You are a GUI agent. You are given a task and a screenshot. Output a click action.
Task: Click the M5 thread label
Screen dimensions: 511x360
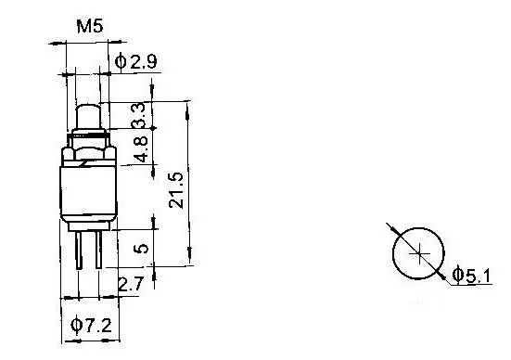(90, 26)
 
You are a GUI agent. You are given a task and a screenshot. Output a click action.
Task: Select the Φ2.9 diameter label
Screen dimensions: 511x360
(136, 61)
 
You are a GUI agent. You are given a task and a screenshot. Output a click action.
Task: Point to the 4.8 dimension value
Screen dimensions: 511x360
(141, 149)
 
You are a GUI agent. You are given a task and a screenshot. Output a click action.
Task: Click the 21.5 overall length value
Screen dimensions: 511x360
(176, 191)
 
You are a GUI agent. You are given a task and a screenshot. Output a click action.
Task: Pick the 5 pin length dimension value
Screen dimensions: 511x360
(141, 249)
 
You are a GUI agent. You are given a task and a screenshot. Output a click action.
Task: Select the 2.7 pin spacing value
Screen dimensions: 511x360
(131, 284)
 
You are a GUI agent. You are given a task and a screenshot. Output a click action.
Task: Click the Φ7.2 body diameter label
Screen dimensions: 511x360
(91, 325)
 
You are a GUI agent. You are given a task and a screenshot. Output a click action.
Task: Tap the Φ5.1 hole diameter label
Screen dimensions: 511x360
(471, 276)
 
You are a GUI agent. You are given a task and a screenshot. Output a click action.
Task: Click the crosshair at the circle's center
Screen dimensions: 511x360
(419, 253)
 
